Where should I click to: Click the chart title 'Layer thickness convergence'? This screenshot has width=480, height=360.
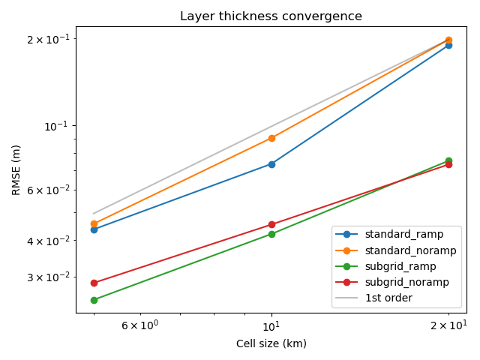click(x=271, y=16)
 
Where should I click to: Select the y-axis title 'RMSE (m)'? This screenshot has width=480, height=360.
click(x=16, y=170)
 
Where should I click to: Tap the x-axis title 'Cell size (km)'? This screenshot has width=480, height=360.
click(x=271, y=343)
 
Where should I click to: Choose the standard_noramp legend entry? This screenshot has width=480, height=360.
click(x=395, y=250)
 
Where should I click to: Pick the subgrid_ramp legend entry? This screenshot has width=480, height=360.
click(x=385, y=267)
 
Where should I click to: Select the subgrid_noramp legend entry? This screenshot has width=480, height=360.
click(x=391, y=282)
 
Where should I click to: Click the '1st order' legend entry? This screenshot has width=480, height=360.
click(x=373, y=298)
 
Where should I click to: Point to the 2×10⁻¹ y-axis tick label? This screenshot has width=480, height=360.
click(x=48, y=39)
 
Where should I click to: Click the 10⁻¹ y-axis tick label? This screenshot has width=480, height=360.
click(x=57, y=126)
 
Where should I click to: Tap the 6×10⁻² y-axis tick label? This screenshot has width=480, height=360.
click(x=48, y=190)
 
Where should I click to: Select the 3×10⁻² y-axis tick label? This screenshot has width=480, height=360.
click(x=48, y=277)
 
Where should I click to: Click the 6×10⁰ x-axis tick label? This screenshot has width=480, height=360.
click(x=140, y=325)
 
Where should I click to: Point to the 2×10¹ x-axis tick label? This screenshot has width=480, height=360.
click(x=448, y=325)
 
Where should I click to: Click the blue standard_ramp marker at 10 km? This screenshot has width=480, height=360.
click(x=271, y=165)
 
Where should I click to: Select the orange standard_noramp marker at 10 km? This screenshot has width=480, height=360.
click(x=271, y=139)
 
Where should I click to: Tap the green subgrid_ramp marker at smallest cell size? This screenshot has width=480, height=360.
click(x=94, y=300)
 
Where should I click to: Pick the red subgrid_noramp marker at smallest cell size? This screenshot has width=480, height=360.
click(x=94, y=283)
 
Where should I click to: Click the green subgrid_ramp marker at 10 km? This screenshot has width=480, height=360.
click(x=271, y=235)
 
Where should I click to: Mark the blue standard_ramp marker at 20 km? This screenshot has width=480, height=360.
click(x=448, y=46)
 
